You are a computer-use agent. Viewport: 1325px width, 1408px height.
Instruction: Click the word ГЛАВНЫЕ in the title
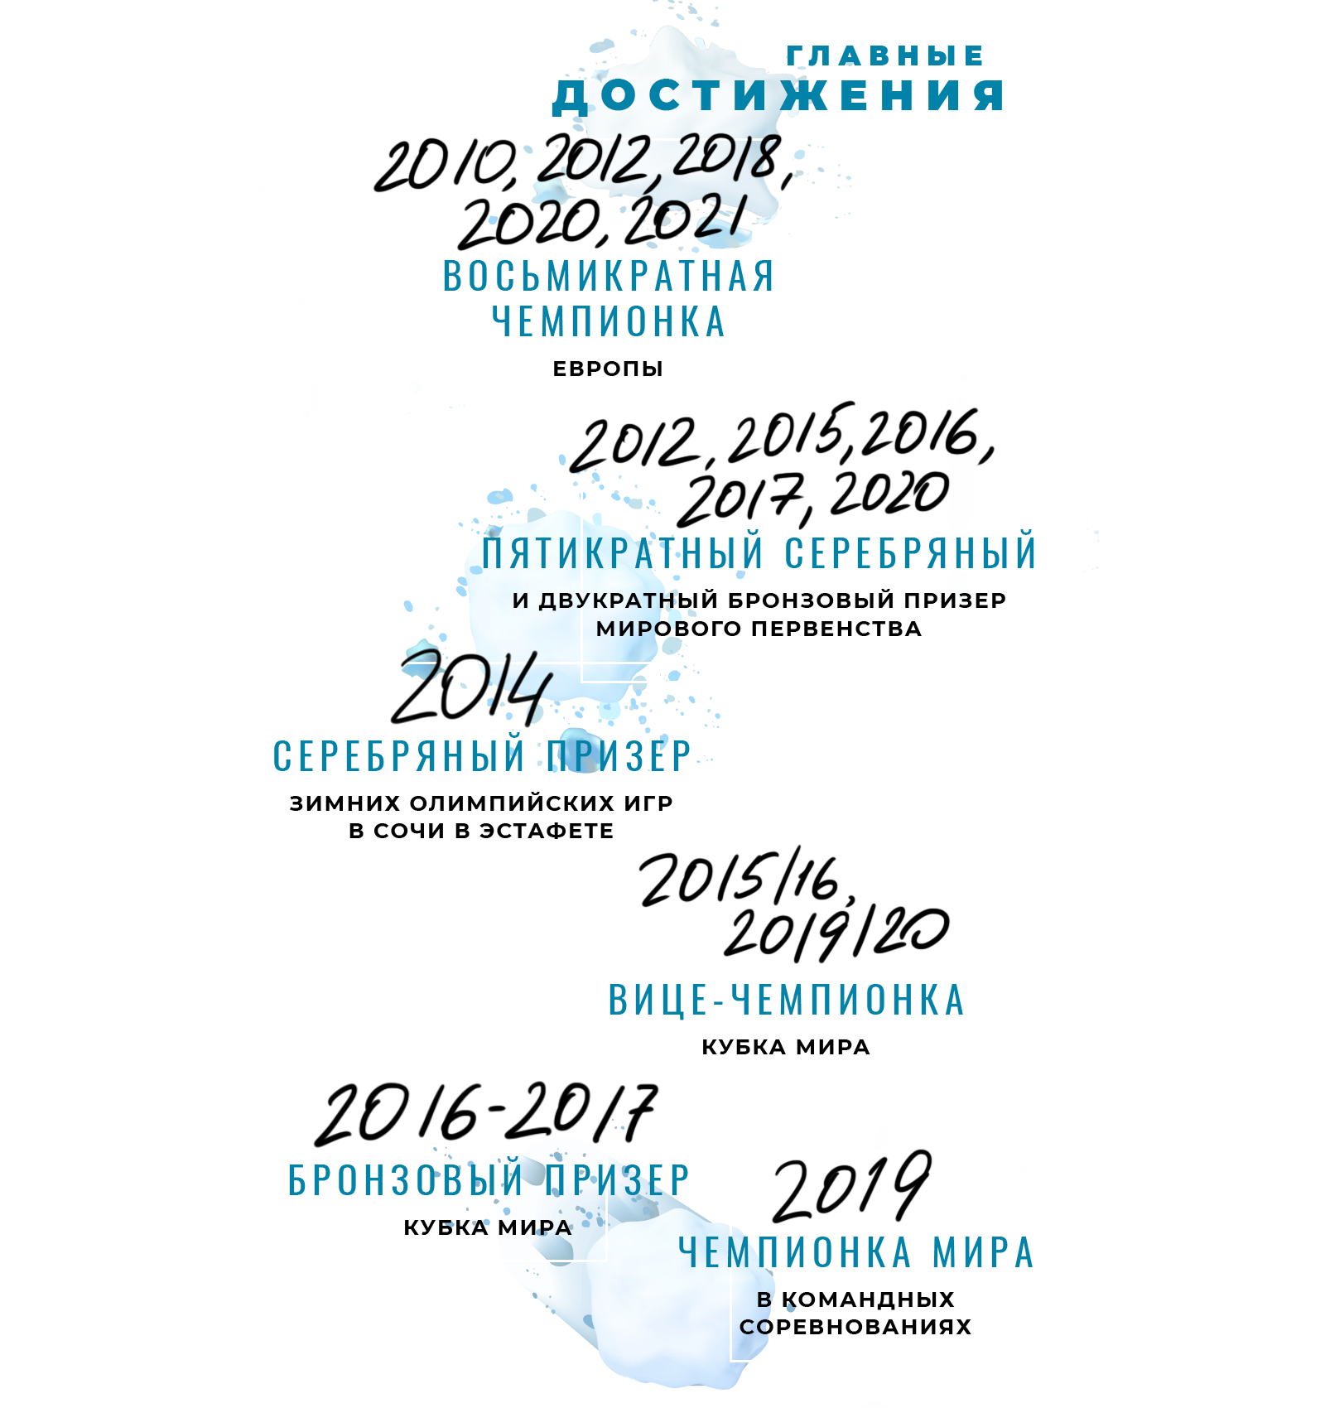pos(884,56)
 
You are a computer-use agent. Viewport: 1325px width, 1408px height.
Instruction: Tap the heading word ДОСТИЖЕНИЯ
pos(778,96)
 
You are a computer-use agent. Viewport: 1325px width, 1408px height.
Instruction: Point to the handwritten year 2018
pos(729,157)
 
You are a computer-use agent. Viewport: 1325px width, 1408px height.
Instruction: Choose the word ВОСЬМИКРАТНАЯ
pos(609,277)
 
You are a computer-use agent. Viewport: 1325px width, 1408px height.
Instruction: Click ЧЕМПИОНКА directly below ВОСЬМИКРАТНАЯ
pos(609,322)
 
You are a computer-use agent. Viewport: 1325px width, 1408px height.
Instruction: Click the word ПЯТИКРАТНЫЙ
pos(623,553)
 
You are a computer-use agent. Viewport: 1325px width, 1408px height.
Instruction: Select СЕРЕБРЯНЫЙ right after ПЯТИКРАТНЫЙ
pos(910,553)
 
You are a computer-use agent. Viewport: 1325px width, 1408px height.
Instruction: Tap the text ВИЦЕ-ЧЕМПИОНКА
pos(787,1001)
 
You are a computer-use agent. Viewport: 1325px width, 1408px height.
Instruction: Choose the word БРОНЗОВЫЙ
pos(405,1180)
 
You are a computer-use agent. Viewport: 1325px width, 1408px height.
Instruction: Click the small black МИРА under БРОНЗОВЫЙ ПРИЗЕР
pos(535,1228)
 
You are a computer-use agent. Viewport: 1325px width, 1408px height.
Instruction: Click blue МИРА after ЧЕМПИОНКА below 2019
pos(983,1253)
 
